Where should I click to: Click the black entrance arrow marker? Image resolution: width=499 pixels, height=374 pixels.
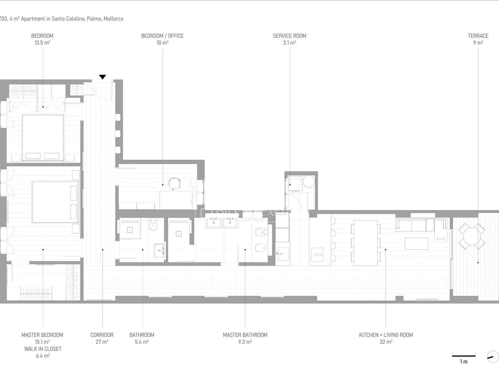click(x=102, y=77)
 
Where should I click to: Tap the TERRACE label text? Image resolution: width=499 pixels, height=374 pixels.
click(x=478, y=36)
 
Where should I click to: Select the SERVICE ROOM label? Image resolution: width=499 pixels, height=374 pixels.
click(x=289, y=36)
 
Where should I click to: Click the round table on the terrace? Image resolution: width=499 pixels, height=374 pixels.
click(x=471, y=236)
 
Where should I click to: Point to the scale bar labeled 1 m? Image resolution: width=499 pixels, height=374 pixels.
click(x=464, y=356)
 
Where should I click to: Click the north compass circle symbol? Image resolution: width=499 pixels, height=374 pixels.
click(x=493, y=357)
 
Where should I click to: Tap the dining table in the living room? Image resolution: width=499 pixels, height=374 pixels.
click(x=366, y=243)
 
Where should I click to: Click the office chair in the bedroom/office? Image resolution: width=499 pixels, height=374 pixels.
click(x=175, y=183)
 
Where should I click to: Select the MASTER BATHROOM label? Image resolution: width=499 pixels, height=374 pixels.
click(x=245, y=335)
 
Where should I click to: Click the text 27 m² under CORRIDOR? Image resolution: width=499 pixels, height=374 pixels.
click(x=102, y=342)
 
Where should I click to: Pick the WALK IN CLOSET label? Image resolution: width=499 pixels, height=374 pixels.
click(x=43, y=349)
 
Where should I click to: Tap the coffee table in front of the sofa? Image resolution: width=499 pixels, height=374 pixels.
click(x=416, y=243)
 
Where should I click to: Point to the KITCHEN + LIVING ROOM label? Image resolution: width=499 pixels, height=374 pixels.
click(x=386, y=335)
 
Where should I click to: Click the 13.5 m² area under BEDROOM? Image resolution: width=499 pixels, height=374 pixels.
click(x=42, y=43)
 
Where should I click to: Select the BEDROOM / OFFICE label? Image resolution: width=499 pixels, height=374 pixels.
click(x=162, y=36)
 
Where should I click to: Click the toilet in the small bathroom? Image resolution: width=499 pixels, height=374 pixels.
click(x=153, y=225)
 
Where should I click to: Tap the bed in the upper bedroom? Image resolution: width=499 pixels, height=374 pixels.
click(x=43, y=138)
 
